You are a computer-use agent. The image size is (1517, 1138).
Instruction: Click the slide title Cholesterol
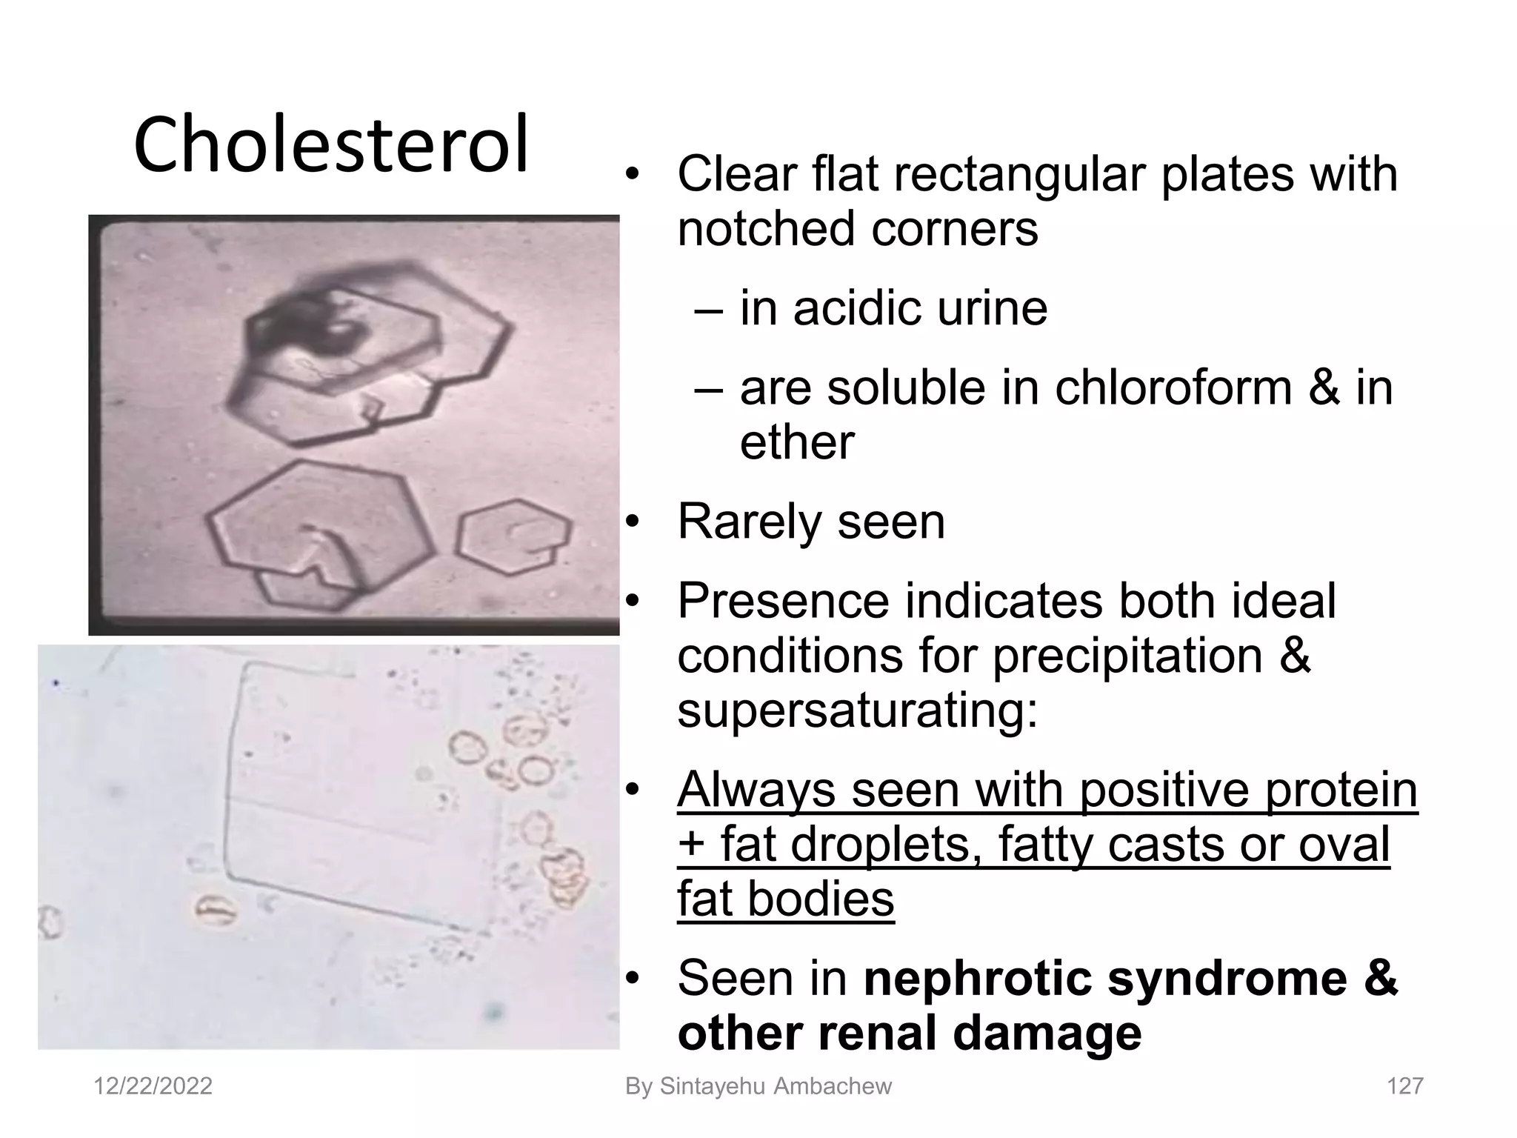331,144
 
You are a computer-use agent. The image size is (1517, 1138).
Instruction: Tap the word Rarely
748,522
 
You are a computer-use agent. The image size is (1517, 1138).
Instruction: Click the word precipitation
1127,656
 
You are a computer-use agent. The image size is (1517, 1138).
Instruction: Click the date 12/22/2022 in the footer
153,1086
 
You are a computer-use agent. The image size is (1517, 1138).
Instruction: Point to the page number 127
1404,1086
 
